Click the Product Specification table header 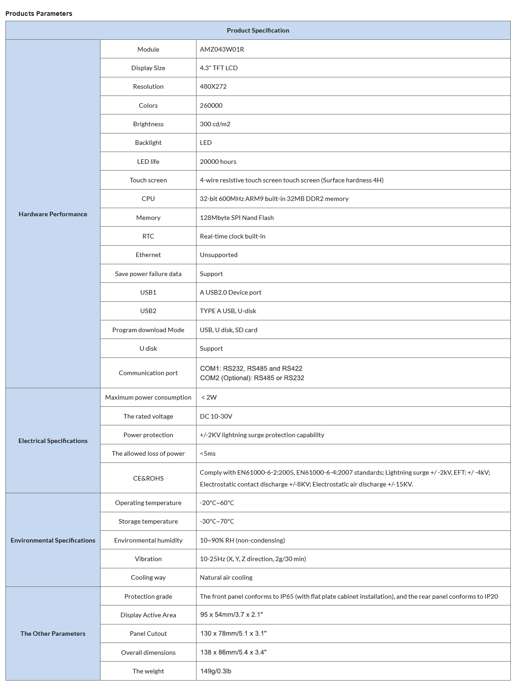(x=258, y=30)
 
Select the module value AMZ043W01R (x=222, y=49)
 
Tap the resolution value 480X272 (x=213, y=86)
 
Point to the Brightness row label (x=148, y=124)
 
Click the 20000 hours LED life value (x=218, y=162)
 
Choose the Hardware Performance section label (x=53, y=214)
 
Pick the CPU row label (x=148, y=199)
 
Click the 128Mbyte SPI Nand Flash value (x=237, y=218)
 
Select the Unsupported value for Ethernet (x=219, y=255)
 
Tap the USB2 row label (x=148, y=311)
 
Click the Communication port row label (x=148, y=373)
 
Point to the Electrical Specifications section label (x=53, y=441)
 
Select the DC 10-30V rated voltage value (x=216, y=416)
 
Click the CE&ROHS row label (x=148, y=478)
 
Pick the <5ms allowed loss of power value (x=208, y=453)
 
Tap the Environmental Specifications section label (x=53, y=540)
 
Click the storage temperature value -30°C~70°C (x=217, y=521)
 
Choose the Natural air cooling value (x=226, y=577)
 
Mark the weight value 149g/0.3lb (x=216, y=671)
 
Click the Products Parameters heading (x=39, y=14)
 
